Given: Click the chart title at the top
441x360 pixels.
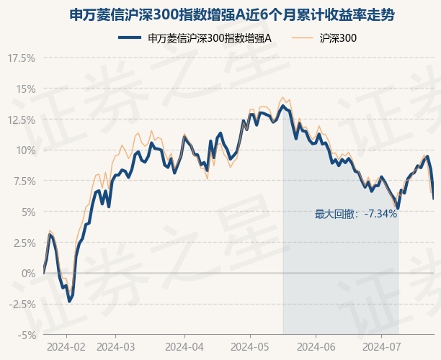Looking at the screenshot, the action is pos(232,15).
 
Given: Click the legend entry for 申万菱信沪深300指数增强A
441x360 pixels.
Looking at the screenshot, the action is pos(195,38).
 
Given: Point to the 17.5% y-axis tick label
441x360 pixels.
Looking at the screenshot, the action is pos(22,58).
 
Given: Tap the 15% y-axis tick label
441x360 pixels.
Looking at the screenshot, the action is pos(26,89).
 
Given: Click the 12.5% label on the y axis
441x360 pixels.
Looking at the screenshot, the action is pos(22,120).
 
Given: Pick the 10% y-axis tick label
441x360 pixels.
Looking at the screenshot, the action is pos(26,150).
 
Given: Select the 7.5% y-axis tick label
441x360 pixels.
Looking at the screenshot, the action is pos(24,181).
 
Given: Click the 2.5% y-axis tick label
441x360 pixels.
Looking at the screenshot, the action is pos(24,243).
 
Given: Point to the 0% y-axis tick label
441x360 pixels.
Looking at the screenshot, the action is pos(29,273).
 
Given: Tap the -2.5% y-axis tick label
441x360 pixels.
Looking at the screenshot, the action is pos(22,304).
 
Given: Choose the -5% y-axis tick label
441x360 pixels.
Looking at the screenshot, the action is pos(27,335).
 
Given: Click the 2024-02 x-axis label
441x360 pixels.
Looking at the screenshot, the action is pos(66,347).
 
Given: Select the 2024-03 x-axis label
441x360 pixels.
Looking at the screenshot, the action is pos(115,347).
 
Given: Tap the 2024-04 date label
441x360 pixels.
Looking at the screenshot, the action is pos(184,347).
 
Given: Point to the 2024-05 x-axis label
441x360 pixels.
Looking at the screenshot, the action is pos(250,347).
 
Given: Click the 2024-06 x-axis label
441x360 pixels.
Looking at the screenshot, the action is pos(316,347).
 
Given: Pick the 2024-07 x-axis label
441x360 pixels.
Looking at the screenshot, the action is pos(382,347).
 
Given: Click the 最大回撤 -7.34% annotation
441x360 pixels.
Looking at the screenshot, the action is pos(356,214).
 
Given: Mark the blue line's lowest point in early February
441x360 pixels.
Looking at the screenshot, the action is pos(69,301).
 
